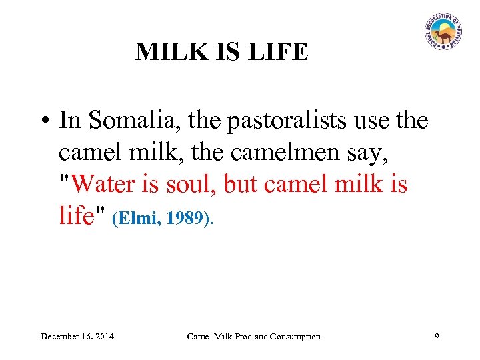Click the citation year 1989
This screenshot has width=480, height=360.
click(x=184, y=218)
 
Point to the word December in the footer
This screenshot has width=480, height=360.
click(x=62, y=336)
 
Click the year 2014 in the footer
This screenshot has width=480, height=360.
click(x=103, y=336)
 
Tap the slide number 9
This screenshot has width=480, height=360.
click(x=437, y=336)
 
